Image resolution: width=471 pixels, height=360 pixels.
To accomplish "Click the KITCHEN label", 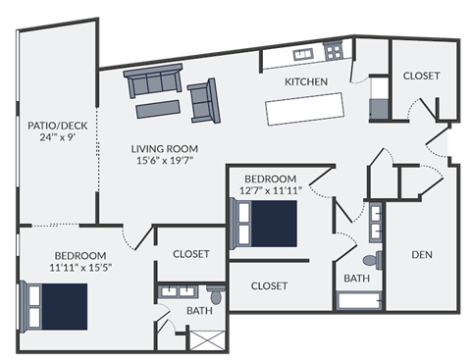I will [x=305, y=81].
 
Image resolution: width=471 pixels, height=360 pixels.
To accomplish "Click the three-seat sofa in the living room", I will [x=155, y=81].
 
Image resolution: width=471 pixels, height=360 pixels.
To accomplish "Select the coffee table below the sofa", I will [x=158, y=104].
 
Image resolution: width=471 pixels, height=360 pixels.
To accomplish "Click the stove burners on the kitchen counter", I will [x=335, y=50].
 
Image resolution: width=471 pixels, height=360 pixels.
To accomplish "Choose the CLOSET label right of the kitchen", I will [x=421, y=76].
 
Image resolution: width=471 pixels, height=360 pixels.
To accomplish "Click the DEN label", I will [x=423, y=255].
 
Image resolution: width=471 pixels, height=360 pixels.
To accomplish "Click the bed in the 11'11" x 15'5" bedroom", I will [x=56, y=306].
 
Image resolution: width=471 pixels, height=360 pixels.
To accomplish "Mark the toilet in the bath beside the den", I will [x=371, y=261].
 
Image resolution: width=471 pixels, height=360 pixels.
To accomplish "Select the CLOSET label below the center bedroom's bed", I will [x=269, y=285].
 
